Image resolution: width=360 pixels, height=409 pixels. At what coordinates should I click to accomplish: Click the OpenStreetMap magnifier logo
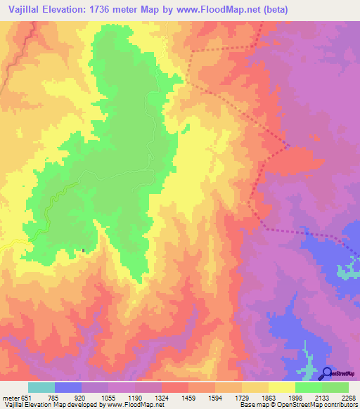click(328, 373)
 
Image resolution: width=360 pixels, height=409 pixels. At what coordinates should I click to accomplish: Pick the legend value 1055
click(108, 398)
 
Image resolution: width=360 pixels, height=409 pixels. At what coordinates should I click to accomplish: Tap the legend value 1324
click(162, 398)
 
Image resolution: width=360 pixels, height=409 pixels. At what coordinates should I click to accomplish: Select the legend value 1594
click(215, 398)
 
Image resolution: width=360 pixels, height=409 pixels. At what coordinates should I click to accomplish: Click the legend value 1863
click(269, 398)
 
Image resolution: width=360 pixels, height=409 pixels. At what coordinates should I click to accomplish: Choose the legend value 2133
click(322, 398)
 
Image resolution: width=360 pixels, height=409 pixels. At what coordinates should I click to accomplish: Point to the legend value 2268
click(348, 398)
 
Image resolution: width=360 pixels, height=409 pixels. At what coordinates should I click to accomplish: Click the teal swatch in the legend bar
click(41, 387)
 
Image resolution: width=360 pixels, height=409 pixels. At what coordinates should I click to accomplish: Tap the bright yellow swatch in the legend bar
click(281, 387)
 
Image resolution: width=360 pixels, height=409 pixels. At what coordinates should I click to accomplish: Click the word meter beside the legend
click(10, 398)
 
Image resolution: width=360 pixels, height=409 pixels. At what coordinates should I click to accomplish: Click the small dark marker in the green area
click(84, 249)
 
